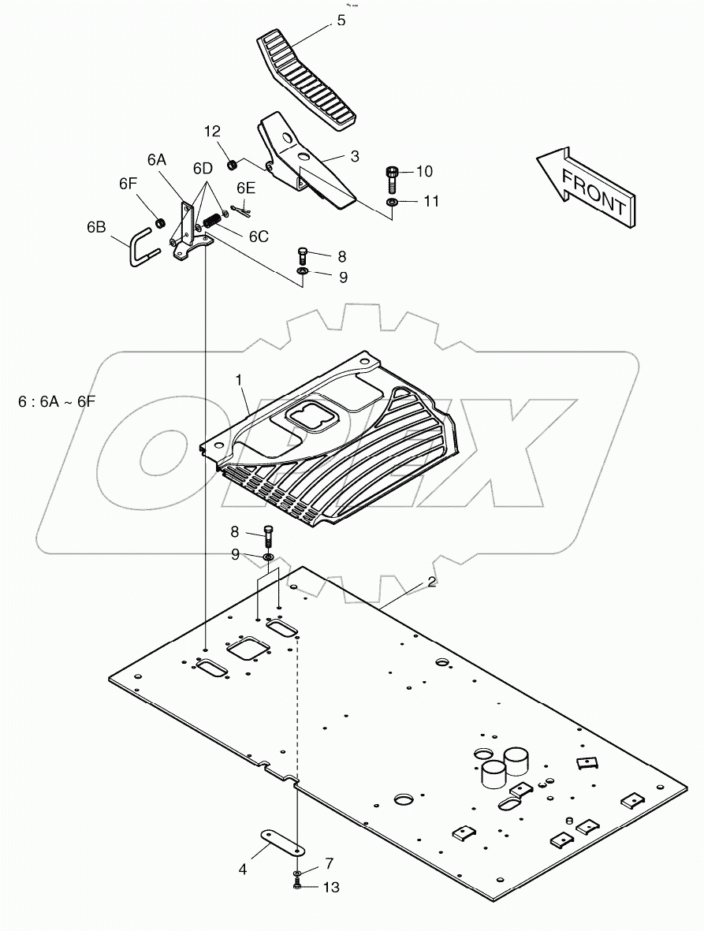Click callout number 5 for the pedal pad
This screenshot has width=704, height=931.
(x=341, y=21)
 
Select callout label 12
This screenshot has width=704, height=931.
(x=213, y=131)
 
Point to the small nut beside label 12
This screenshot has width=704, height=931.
(x=233, y=165)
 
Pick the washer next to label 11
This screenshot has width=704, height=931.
(x=392, y=203)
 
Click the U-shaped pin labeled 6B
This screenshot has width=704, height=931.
(x=142, y=246)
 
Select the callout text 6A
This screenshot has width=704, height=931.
(x=157, y=159)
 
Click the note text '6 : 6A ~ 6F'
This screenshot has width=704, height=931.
(x=56, y=401)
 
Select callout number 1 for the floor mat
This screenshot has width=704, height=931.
(x=238, y=380)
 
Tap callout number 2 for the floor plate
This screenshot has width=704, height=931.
(x=431, y=583)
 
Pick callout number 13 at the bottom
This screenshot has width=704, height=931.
(x=331, y=888)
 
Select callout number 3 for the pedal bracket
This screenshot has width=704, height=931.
(x=355, y=157)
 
